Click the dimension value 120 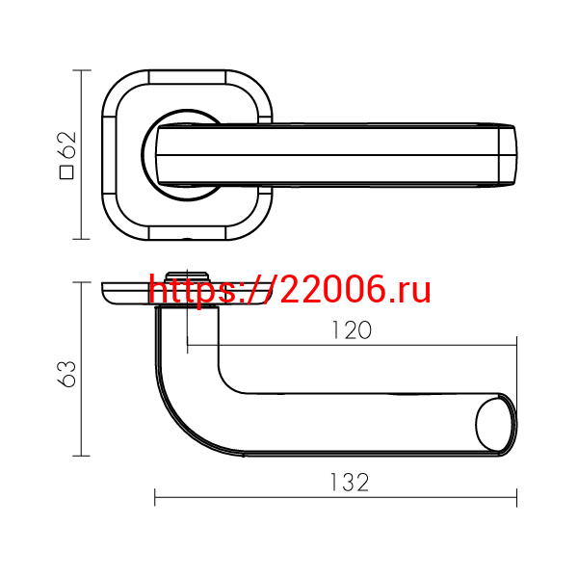(352, 329)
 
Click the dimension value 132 (349, 483)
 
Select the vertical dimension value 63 (66, 374)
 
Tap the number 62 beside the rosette (66, 144)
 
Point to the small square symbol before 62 (66, 172)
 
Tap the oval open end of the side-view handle (496, 425)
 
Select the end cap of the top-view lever (508, 155)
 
